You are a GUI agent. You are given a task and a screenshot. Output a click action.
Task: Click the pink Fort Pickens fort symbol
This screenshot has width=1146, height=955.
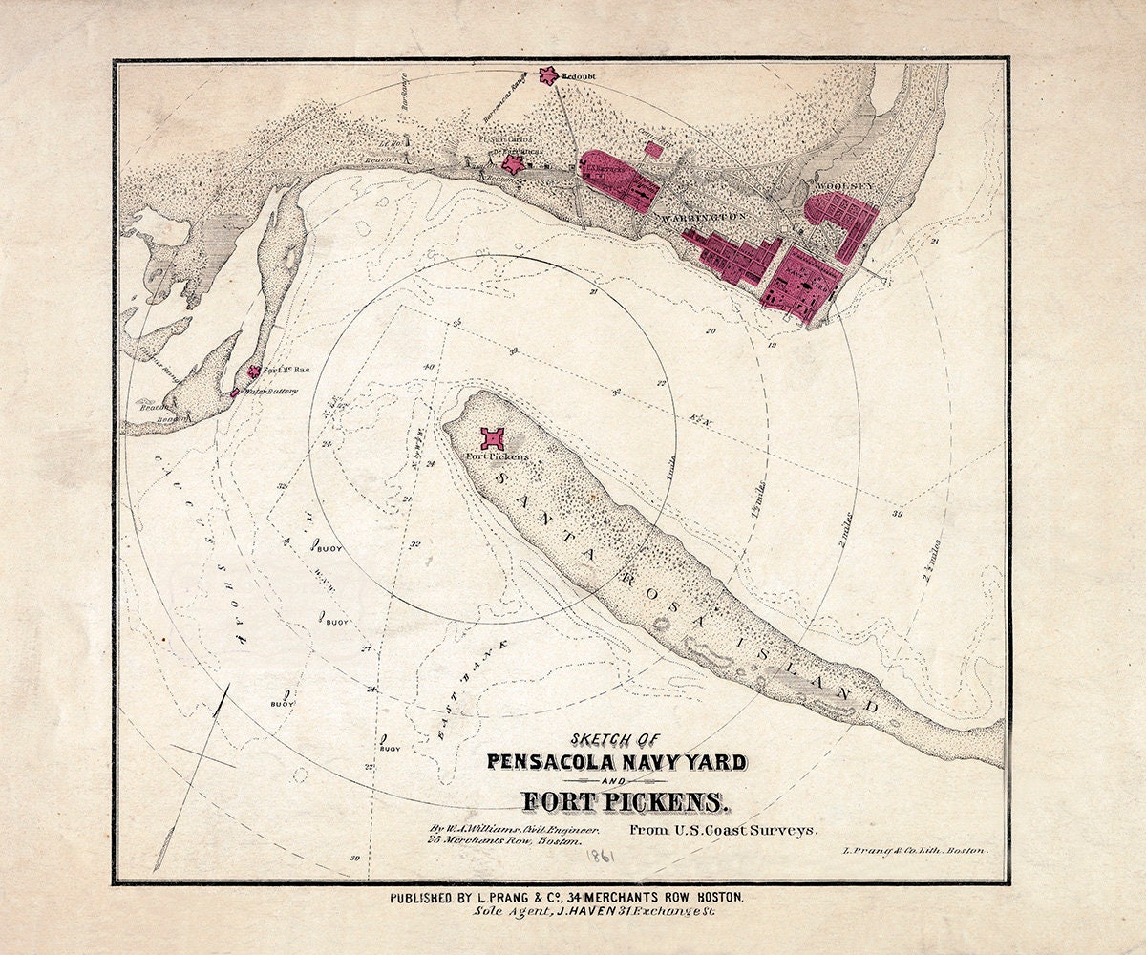494,439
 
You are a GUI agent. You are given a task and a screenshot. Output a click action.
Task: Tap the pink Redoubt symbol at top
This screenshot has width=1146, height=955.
548,74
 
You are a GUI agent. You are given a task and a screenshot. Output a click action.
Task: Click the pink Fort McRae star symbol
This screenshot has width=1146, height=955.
253,372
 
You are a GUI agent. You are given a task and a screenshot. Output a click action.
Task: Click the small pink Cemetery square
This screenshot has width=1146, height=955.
653,148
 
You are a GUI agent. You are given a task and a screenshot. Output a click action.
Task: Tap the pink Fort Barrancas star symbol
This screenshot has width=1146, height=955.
514,164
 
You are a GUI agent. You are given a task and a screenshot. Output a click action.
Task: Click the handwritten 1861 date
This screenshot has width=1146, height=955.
600,857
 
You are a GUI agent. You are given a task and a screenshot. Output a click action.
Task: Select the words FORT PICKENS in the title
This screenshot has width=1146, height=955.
617,800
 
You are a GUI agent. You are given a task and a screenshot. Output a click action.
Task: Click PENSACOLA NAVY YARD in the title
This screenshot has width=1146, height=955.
617,762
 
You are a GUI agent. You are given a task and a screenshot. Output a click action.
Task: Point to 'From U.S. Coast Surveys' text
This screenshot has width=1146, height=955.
723,830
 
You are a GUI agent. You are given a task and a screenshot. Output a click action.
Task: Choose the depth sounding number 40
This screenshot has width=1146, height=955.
428,367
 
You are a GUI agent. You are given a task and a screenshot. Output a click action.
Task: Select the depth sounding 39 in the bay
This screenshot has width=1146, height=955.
897,514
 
